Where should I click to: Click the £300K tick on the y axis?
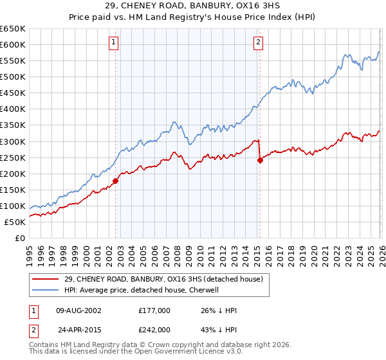click(13, 141)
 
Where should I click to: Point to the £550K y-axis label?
click(13, 61)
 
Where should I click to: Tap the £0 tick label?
click(19, 239)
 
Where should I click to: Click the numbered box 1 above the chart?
click(114, 43)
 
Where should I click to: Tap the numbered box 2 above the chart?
click(258, 43)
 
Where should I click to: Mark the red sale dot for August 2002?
click(116, 181)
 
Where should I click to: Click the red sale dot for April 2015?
click(260, 160)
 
